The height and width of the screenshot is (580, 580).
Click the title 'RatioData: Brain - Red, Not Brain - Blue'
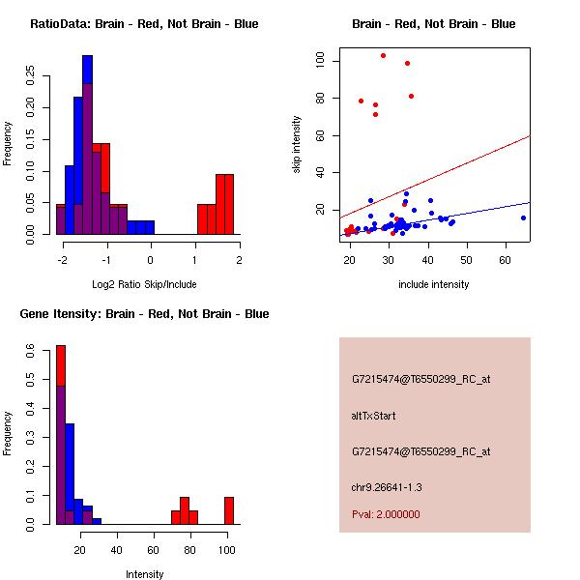pyautogui.click(x=144, y=24)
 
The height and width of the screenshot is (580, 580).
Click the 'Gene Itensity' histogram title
pyautogui.click(x=144, y=314)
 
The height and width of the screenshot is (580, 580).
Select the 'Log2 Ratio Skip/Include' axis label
pyautogui.click(x=143, y=284)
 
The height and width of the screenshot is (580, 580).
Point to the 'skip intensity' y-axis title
pyautogui.click(x=297, y=145)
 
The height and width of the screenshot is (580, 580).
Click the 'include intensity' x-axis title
pyautogui.click(x=434, y=284)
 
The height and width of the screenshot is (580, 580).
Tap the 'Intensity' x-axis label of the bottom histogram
pyautogui.click(x=144, y=574)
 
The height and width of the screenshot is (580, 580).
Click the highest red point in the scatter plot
pyautogui.click(x=383, y=55)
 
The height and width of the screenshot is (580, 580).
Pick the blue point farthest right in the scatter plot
pyautogui.click(x=523, y=217)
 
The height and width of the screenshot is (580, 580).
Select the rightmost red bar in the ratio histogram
pyautogui.click(x=229, y=204)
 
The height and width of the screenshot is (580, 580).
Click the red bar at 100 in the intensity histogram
pyautogui.click(x=229, y=510)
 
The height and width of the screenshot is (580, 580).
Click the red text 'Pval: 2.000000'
pyautogui.click(x=386, y=515)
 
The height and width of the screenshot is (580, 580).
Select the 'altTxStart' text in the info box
pyautogui.click(x=374, y=416)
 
